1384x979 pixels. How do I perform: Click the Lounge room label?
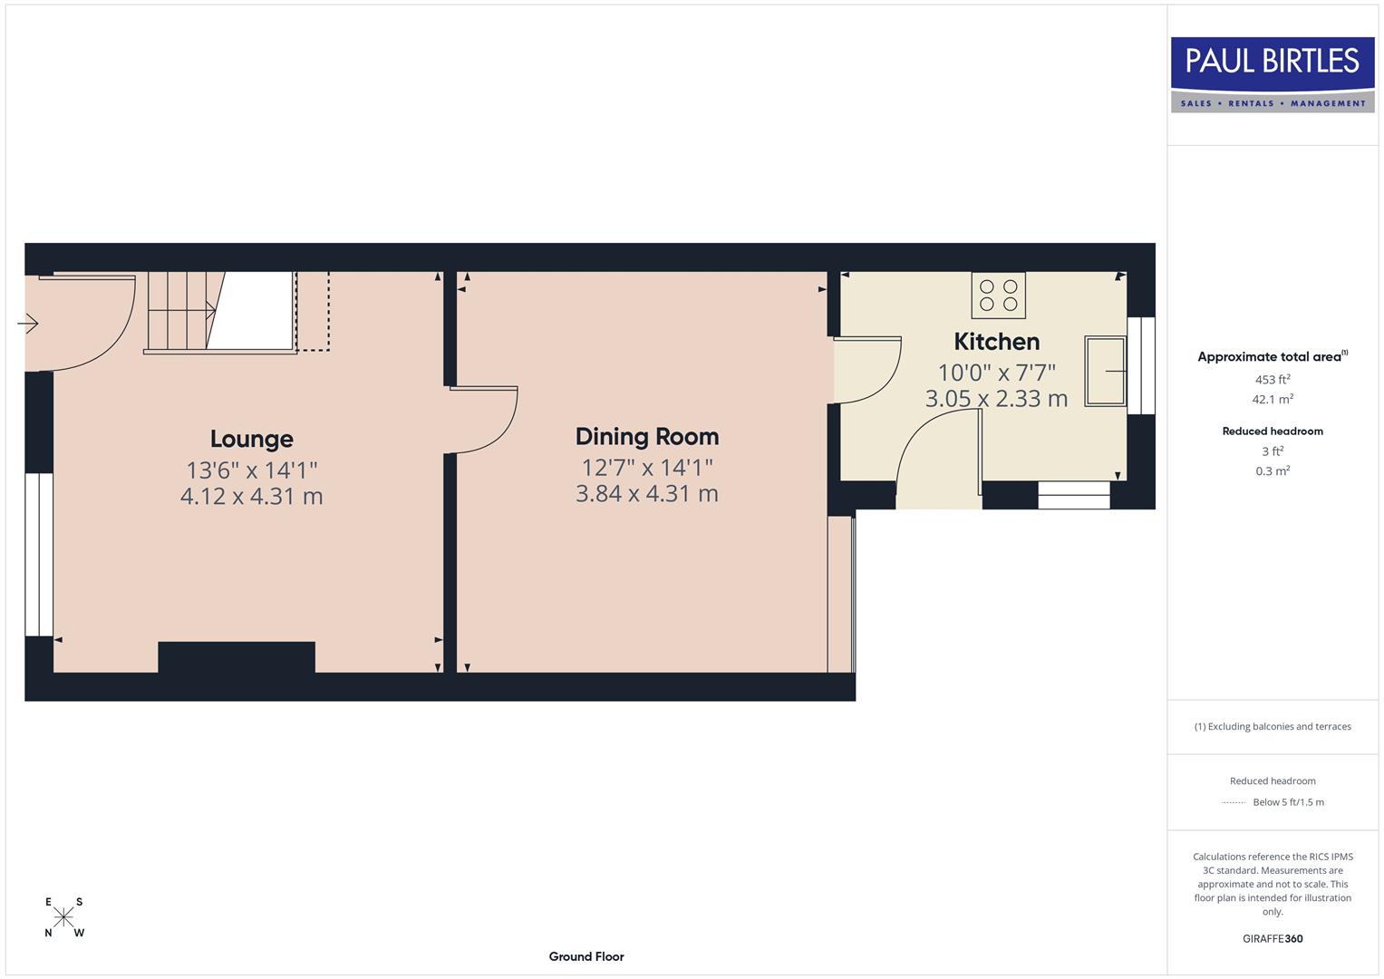(x=251, y=439)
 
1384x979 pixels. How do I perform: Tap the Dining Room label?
(x=646, y=436)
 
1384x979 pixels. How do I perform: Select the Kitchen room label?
(x=996, y=342)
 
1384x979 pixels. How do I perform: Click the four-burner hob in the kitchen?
(x=998, y=295)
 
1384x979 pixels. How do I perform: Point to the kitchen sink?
(x=1106, y=371)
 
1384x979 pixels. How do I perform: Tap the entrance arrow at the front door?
(x=28, y=323)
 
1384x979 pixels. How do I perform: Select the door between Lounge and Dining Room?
(x=485, y=419)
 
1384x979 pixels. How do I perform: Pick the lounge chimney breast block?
(x=237, y=657)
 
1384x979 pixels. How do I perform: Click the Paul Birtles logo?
(x=1273, y=74)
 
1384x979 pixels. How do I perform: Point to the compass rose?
(x=63, y=917)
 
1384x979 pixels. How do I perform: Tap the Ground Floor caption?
(x=586, y=956)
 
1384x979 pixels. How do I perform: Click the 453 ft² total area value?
(x=1273, y=380)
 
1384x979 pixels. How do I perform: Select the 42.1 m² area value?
(x=1273, y=399)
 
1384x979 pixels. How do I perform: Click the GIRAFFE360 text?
(x=1273, y=939)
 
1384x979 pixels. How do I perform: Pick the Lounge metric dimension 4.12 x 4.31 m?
(x=251, y=497)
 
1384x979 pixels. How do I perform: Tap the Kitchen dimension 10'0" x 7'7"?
(x=996, y=373)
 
